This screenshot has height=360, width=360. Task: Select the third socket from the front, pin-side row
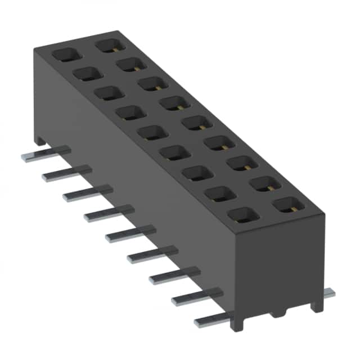[196, 174]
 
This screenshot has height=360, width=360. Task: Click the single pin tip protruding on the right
[330, 293]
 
